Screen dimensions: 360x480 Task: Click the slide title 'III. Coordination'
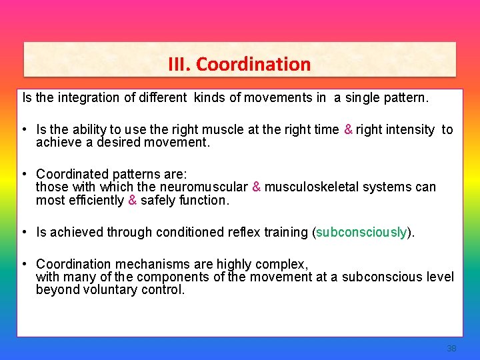(239, 64)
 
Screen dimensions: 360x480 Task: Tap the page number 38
(451, 349)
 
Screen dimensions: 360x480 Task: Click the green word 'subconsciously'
(361, 232)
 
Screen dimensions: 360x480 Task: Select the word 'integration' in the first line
(89, 98)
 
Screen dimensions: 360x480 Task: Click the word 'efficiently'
(93, 200)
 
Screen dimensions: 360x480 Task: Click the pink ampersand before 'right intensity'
(348, 130)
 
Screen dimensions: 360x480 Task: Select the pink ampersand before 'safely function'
(132, 200)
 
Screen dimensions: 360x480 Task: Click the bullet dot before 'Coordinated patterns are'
(23, 175)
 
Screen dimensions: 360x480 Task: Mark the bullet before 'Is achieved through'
(23, 232)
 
